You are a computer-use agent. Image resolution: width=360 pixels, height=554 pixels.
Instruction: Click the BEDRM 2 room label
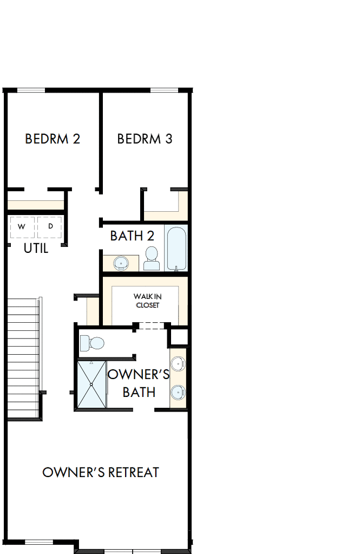point(53,139)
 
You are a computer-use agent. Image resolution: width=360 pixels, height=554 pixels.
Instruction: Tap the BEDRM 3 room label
point(145,139)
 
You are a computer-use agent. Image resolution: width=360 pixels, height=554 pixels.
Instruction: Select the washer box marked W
point(22,226)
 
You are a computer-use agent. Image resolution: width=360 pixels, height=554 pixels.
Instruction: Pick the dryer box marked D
point(50,226)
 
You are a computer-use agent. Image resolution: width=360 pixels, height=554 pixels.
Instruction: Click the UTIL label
point(36,249)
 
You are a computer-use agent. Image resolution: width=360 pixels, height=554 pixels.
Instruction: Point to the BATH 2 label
point(132,236)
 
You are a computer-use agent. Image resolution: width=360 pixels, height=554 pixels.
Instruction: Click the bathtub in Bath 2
point(176,248)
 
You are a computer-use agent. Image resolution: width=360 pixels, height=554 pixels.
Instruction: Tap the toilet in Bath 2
point(152,258)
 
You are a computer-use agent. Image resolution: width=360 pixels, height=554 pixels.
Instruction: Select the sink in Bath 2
point(121,263)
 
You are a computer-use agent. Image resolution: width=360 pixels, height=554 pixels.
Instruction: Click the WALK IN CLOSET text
point(147,301)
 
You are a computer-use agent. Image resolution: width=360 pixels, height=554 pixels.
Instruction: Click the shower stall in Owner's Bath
point(91,384)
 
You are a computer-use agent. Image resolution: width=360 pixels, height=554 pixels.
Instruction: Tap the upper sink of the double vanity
point(178,364)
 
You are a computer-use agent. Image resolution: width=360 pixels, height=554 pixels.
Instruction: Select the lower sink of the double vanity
point(178,392)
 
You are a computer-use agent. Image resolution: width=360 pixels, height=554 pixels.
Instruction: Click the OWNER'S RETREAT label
point(101,472)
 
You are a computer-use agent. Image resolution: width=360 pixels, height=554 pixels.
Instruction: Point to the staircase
point(24,357)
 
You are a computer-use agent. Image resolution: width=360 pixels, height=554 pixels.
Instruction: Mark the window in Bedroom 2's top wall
point(31,90)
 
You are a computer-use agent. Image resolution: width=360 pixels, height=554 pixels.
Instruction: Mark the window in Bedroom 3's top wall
point(164,90)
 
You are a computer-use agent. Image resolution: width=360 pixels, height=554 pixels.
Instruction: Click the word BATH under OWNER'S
point(139,392)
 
